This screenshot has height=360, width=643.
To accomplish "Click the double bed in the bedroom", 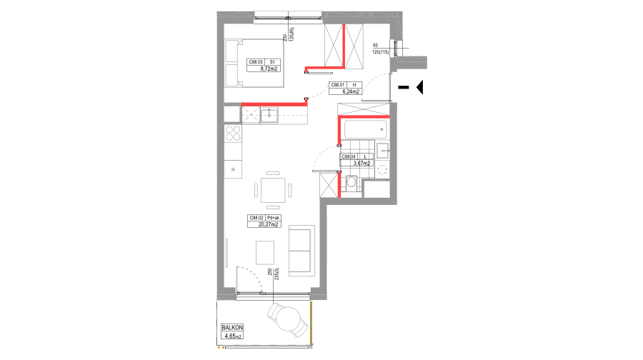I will coord(255,63).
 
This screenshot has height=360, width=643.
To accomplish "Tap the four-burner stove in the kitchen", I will coord(233,133).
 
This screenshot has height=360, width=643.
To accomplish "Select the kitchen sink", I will coord(269,115).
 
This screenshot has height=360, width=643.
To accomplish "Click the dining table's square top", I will coord(273,190).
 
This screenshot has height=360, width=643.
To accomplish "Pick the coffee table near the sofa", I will coord(265,252).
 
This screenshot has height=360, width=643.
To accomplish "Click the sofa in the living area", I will coord(301,251).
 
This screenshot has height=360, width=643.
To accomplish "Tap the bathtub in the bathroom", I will coord(365,129).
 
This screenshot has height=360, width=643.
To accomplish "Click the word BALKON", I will coord(232,327).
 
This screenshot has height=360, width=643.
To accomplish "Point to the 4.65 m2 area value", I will coord(233,335).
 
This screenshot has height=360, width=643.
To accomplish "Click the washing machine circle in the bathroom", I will coord(382,170).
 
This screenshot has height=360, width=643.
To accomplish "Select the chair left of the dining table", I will coord(256,190).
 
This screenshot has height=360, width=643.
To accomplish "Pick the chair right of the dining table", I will coord(290,190).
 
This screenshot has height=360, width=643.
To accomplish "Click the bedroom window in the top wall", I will coord(288,19).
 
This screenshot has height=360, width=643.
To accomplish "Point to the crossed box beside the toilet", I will coord(329,184).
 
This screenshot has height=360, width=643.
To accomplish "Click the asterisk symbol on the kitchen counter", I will coord(233,169).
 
